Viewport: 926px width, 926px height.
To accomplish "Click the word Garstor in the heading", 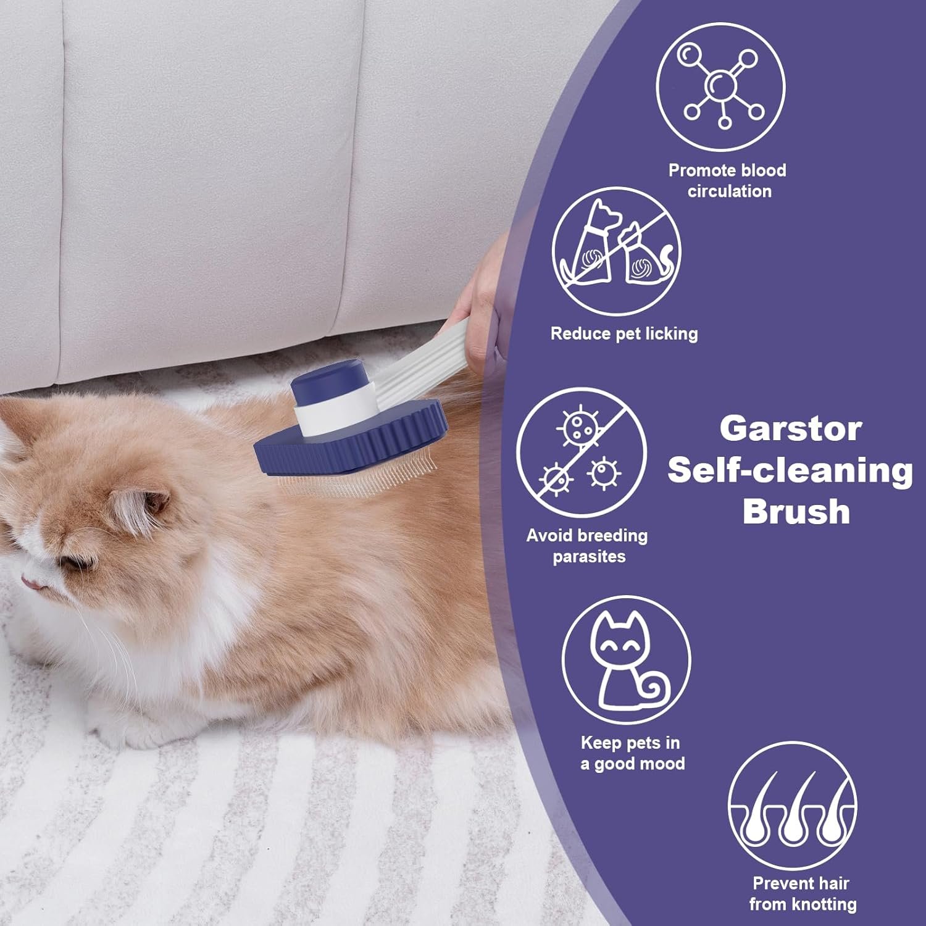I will tap(790, 428).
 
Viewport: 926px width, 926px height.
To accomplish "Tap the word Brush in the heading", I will tap(796, 512).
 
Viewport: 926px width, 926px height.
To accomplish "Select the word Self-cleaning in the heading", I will tap(790, 470).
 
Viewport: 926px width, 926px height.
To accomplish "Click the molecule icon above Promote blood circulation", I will tap(720, 86).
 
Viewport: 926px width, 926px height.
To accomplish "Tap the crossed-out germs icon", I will tap(581, 453).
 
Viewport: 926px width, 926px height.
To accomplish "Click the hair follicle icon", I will tap(792, 806).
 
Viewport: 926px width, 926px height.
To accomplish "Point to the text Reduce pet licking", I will tap(624, 334).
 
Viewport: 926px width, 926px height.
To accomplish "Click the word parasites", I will tap(589, 557).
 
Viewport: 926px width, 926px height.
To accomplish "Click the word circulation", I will tap(730, 191).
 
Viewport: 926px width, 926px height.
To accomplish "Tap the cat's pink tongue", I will tap(30, 580).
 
